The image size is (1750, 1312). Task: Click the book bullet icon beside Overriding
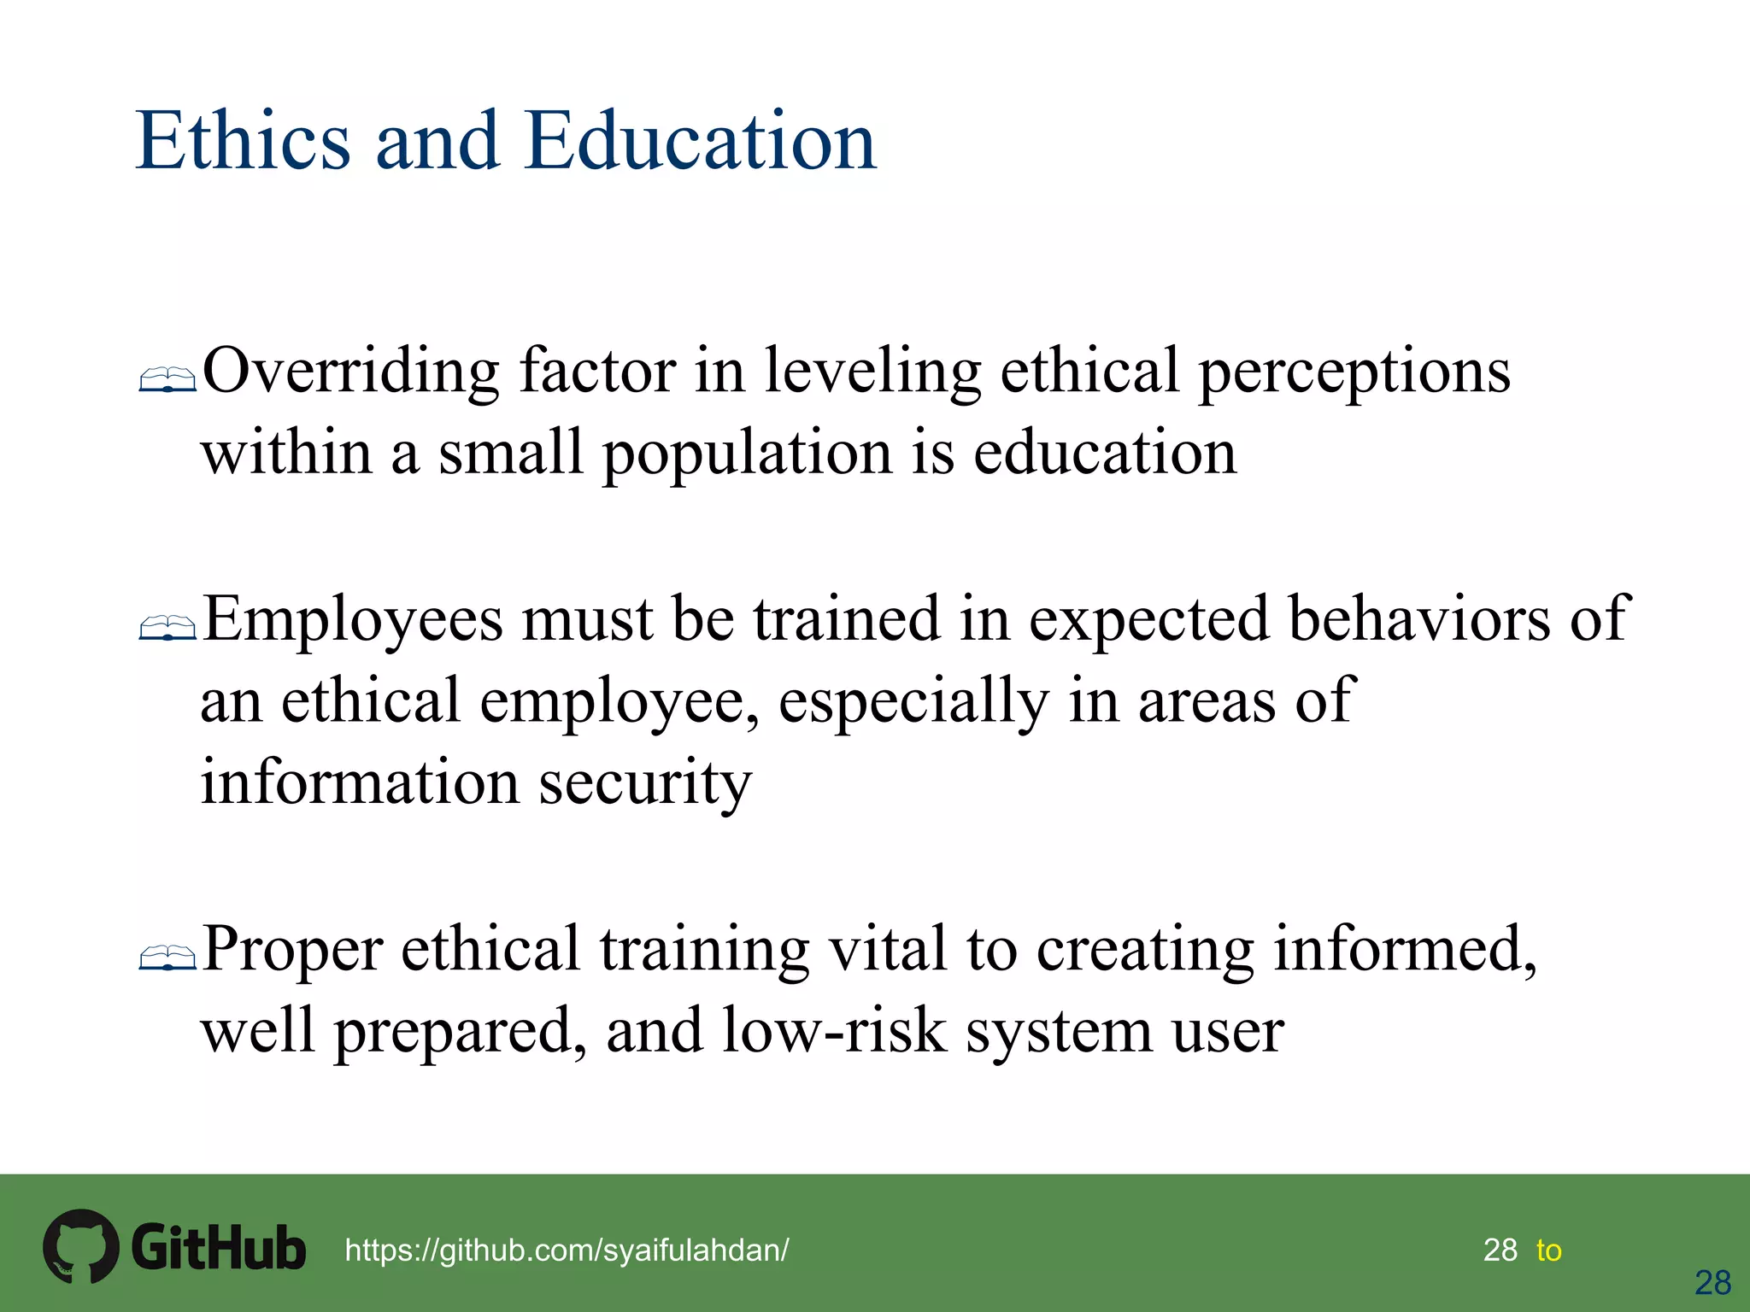(x=167, y=380)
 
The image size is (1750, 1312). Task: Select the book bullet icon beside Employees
(x=167, y=629)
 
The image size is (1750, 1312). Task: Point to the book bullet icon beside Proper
(x=167, y=958)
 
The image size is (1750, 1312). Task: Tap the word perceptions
(x=1354, y=372)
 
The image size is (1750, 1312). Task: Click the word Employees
(x=352, y=620)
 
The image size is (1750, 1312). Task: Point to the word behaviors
(x=1418, y=618)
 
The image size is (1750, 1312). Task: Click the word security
(x=645, y=784)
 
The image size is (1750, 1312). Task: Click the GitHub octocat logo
(x=80, y=1246)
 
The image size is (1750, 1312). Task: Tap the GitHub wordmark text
(x=218, y=1248)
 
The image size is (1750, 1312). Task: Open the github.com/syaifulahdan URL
(x=567, y=1250)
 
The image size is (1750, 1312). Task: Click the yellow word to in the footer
(x=1548, y=1250)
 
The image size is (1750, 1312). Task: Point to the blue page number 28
(x=1712, y=1283)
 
